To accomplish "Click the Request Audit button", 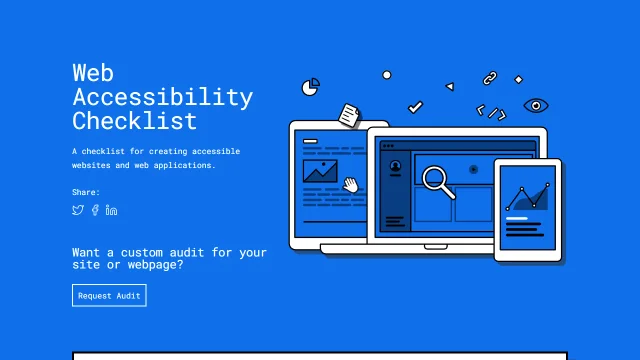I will click(x=109, y=295).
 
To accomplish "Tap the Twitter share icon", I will click(x=78, y=210).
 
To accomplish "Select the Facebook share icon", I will click(x=95, y=210).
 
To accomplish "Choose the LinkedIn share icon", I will click(x=111, y=210).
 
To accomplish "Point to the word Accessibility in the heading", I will click(x=162, y=97).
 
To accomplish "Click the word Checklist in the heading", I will click(x=134, y=122).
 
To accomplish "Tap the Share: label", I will click(x=86, y=191).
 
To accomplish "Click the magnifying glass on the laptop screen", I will click(x=437, y=180).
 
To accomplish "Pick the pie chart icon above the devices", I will click(x=311, y=86).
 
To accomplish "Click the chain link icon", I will click(x=489, y=77).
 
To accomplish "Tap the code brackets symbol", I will click(x=490, y=112).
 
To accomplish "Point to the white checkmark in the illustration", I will click(x=415, y=106).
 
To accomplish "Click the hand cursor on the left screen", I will click(x=351, y=184).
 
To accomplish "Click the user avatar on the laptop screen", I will click(x=395, y=166).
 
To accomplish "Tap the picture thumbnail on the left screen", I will click(x=320, y=171).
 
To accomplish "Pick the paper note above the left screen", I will click(x=348, y=115).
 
